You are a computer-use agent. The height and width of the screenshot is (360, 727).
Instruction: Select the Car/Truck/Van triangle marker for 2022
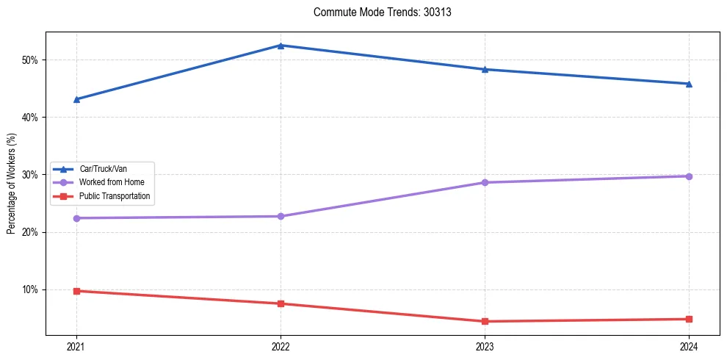pyautogui.click(x=281, y=46)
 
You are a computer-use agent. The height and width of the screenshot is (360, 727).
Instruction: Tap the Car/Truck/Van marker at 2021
pyautogui.click(x=76, y=99)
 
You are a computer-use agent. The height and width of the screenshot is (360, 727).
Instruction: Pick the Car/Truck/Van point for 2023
pyautogui.click(x=485, y=70)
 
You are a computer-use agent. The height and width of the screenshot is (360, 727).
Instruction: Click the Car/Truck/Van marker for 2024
pyautogui.click(x=689, y=84)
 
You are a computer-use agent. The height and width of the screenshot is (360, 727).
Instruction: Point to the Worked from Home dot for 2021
pyautogui.click(x=76, y=218)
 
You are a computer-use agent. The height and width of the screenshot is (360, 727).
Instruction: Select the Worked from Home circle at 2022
pyautogui.click(x=281, y=216)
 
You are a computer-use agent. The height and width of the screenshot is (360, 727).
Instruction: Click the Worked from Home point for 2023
pyautogui.click(x=485, y=182)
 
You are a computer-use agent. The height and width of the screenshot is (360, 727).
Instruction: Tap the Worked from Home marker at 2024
pyautogui.click(x=689, y=176)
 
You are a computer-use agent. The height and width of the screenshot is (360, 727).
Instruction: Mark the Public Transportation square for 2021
pyautogui.click(x=76, y=291)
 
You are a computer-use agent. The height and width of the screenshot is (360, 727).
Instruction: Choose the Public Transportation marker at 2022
pyautogui.click(x=281, y=303)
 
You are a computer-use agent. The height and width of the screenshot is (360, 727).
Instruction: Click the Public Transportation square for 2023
pyautogui.click(x=485, y=321)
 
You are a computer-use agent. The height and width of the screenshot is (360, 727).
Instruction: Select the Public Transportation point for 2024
pyautogui.click(x=689, y=319)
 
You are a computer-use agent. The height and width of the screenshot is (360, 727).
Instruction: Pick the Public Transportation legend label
pyautogui.click(x=114, y=196)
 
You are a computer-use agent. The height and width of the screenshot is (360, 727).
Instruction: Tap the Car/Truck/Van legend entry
pyautogui.click(x=102, y=169)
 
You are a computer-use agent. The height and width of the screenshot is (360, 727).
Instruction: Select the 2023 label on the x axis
pyautogui.click(x=485, y=346)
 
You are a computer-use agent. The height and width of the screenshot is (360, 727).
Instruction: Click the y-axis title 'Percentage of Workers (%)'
pyautogui.click(x=12, y=184)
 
